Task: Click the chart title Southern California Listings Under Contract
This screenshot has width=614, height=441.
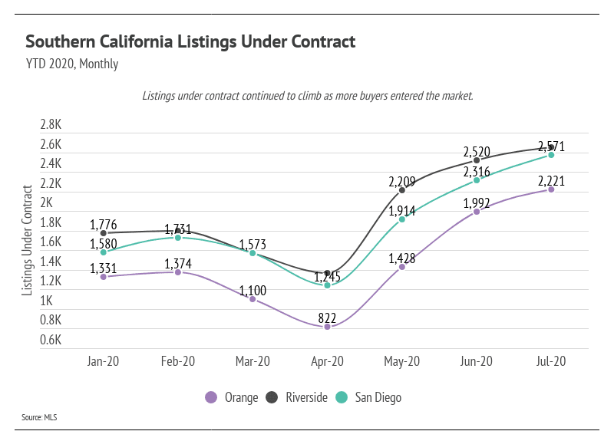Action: (190, 41)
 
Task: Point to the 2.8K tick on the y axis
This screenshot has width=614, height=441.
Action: (51, 125)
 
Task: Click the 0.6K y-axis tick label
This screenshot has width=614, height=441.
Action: (51, 341)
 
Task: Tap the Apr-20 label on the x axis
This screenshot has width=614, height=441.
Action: (327, 361)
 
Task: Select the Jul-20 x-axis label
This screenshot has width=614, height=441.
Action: (551, 361)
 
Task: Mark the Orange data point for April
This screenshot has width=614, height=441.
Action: (327, 327)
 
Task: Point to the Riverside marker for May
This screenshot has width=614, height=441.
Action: (402, 190)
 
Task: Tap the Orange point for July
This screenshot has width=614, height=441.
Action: (551, 189)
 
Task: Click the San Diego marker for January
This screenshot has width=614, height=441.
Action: (103, 252)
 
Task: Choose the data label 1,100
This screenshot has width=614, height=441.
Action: (253, 291)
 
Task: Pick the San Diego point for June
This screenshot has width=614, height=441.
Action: (477, 180)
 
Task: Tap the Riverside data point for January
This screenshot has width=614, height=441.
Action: (103, 232)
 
